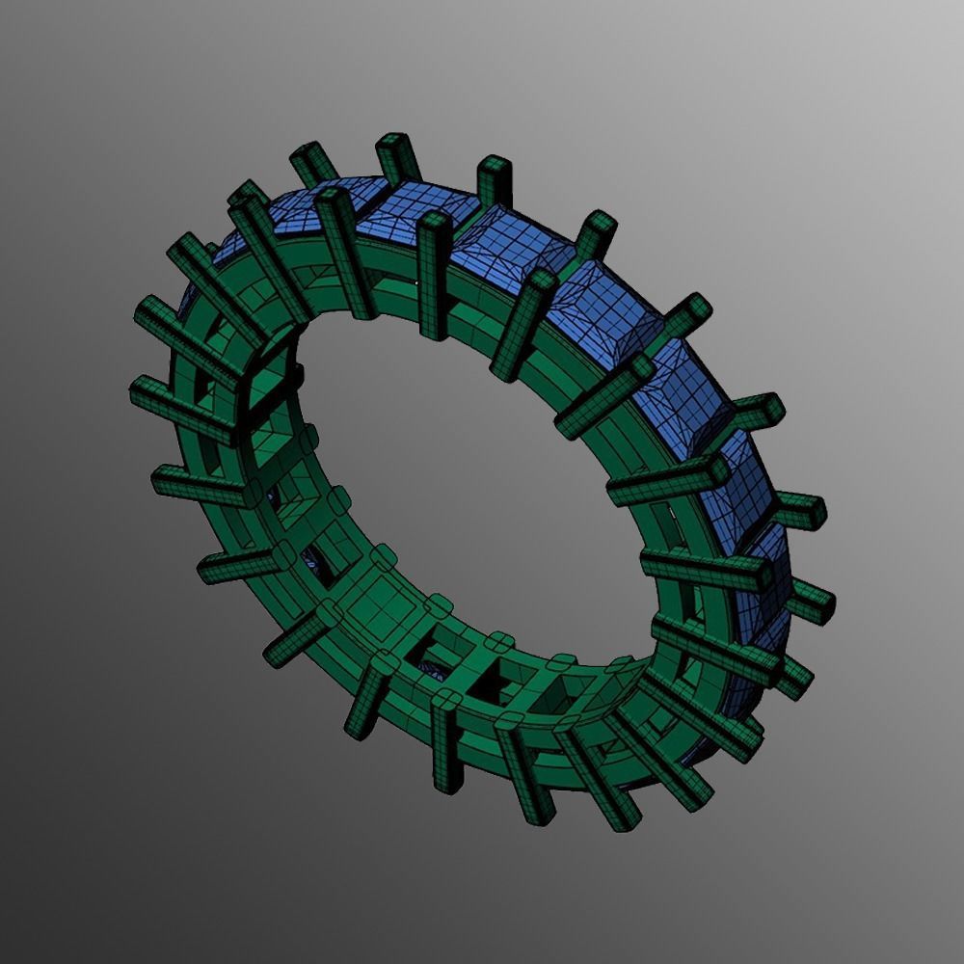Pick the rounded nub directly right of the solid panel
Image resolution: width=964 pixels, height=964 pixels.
[439, 606]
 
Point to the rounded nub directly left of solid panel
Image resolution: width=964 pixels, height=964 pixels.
[327, 613]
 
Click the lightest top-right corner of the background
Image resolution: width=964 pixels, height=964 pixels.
[954, 10]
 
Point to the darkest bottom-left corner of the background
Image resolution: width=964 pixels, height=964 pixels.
[10, 954]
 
